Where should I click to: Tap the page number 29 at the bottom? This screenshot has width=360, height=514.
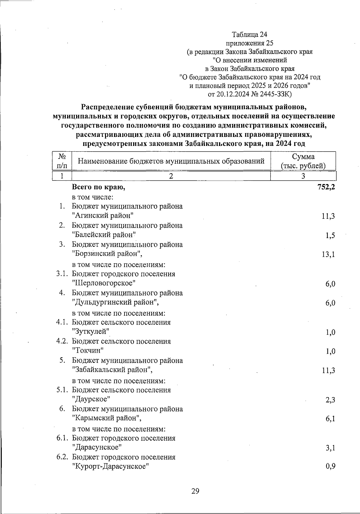click(x=195, y=491)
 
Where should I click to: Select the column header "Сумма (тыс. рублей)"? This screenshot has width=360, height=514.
click(x=303, y=161)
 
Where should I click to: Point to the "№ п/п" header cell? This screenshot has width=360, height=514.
click(x=62, y=161)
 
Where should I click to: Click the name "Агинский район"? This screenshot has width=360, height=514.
click(x=103, y=216)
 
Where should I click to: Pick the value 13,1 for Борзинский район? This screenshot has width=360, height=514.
click(x=328, y=255)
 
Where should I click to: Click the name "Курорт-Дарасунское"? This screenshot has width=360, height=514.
click(x=111, y=467)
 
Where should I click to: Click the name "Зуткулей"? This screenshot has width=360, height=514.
click(x=90, y=332)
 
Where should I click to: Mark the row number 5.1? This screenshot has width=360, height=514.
click(x=63, y=390)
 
